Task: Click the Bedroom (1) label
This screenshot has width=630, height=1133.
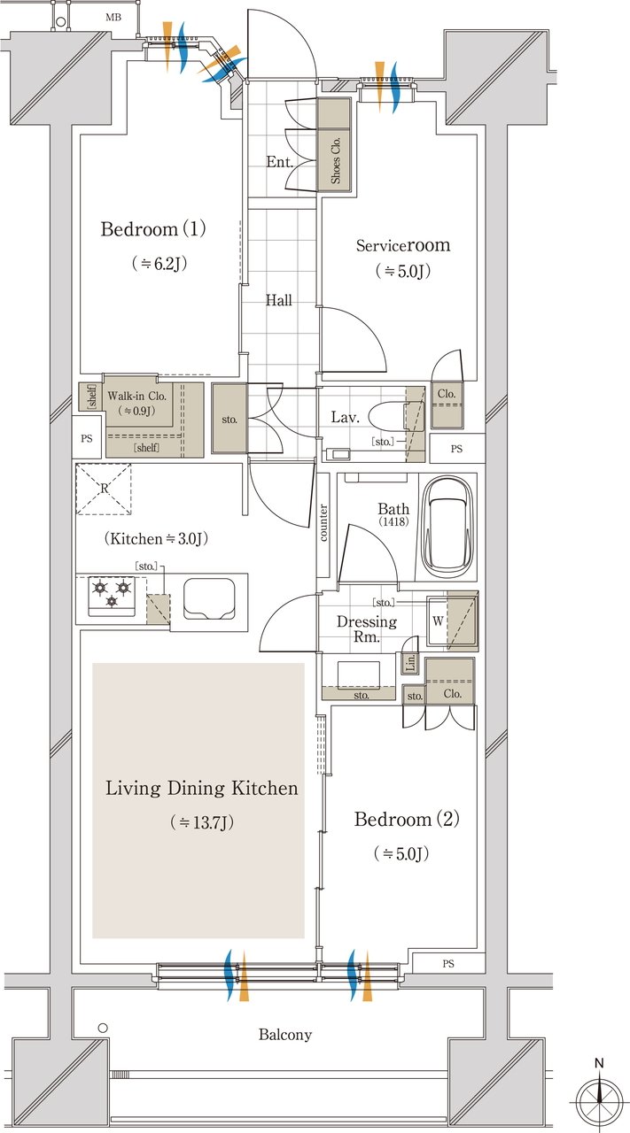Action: click(153, 229)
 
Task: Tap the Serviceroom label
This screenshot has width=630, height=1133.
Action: click(403, 245)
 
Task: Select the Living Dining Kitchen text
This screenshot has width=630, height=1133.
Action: click(201, 789)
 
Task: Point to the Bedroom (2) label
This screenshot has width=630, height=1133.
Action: click(407, 819)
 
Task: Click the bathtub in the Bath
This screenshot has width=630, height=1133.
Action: click(447, 527)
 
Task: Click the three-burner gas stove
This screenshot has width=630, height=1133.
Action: click(112, 597)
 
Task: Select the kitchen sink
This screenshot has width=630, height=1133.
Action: click(208, 599)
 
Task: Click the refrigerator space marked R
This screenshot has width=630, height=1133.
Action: click(104, 489)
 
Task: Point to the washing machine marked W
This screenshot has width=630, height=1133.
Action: click(452, 621)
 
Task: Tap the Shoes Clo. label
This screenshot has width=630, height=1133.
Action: click(335, 160)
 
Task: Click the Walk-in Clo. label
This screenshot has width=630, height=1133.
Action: click(136, 396)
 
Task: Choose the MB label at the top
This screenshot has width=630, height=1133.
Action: click(113, 17)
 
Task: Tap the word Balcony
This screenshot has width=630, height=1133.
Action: click(285, 1035)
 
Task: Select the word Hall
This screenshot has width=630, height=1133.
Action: click(278, 300)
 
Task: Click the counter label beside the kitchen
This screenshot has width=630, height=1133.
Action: click(323, 522)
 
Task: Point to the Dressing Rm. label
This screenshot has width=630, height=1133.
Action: click(367, 628)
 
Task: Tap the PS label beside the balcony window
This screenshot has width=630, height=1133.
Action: click(448, 964)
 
